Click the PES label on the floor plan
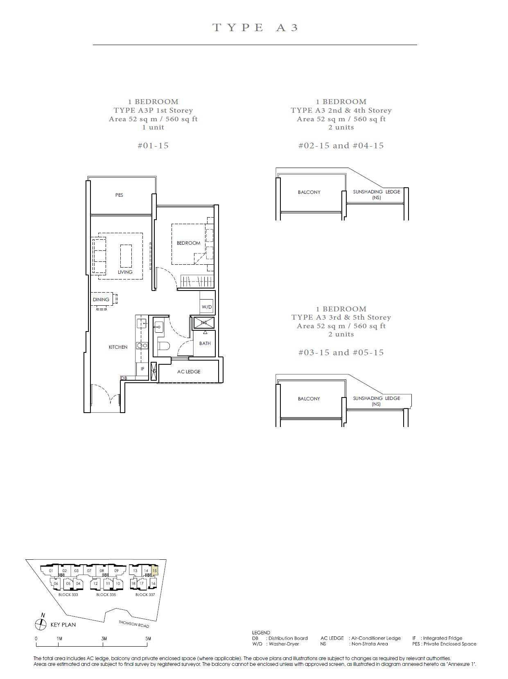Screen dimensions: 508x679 119,195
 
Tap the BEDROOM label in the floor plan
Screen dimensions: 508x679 188,243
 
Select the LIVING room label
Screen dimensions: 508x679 125,272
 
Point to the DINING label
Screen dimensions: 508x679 101,300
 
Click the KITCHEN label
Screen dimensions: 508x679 118,347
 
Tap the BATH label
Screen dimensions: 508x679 205,343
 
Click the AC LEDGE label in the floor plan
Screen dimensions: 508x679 188,372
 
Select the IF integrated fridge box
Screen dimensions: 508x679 142,369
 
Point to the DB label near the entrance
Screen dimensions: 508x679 124,378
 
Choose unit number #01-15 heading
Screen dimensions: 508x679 153,145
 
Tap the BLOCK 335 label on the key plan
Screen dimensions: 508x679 106,595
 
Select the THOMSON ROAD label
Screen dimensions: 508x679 134,624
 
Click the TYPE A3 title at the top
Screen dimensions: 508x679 255,27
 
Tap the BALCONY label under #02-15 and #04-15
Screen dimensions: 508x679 309,192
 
